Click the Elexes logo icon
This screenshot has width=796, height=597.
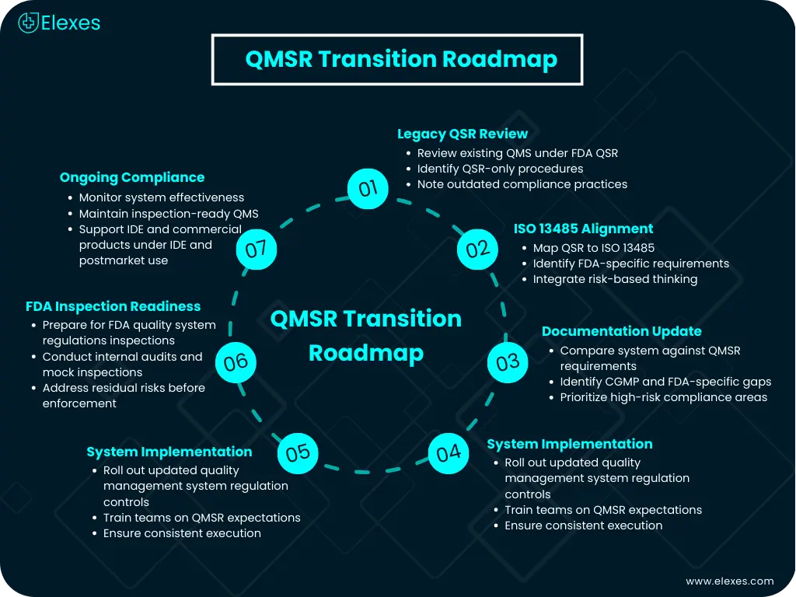click(x=29, y=23)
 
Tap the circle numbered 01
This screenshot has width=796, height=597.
click(x=368, y=187)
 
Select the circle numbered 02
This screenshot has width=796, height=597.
click(x=477, y=249)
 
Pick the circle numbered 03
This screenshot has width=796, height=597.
click(x=507, y=362)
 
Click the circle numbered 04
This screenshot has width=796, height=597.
click(x=449, y=452)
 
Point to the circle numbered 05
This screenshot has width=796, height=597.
click(x=298, y=452)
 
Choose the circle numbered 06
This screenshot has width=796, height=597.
click(x=235, y=362)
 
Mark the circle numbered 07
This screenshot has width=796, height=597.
click(x=256, y=249)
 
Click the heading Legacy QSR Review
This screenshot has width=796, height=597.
click(x=463, y=134)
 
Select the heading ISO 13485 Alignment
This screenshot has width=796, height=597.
click(x=583, y=229)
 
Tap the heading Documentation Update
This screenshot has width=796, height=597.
click(x=621, y=331)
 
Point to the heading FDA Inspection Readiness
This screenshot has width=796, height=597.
click(x=113, y=306)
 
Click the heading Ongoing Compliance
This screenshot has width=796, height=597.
click(x=132, y=178)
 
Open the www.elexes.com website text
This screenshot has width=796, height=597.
click(x=729, y=581)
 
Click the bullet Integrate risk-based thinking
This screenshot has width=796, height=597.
click(x=615, y=279)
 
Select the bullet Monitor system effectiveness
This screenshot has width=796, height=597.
click(x=162, y=197)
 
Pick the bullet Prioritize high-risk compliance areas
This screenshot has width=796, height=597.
click(x=663, y=397)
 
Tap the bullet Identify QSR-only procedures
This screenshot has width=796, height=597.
click(x=500, y=169)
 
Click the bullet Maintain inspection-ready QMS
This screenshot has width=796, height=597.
click(x=169, y=214)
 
